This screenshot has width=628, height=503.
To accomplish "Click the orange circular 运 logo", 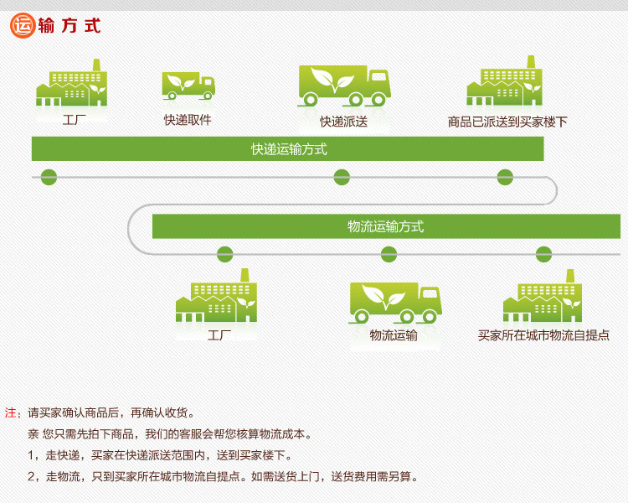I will (x=22, y=25).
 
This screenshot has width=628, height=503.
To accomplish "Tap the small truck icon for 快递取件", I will (x=188, y=85).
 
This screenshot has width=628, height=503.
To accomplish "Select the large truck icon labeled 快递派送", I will (x=344, y=86).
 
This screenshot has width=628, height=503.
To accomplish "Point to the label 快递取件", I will (x=188, y=120).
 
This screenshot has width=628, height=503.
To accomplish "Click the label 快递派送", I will (x=343, y=122).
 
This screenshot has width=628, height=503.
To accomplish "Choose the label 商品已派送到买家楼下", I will (x=507, y=122).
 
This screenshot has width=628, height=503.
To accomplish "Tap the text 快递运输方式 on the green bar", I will (x=289, y=149).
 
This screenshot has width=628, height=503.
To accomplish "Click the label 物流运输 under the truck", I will (x=394, y=335).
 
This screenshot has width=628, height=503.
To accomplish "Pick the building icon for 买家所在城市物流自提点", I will (x=543, y=297).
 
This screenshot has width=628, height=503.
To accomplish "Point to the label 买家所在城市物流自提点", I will (x=543, y=335).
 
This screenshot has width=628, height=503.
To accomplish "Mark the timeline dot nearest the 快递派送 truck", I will (x=342, y=177).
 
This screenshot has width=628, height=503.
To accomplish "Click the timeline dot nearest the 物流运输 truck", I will (x=389, y=254).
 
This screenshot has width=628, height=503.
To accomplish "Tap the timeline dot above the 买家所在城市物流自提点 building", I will (x=543, y=254).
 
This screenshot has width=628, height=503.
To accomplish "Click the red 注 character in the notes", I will (x=13, y=412).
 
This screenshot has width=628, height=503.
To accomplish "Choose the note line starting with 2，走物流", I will (x=222, y=477).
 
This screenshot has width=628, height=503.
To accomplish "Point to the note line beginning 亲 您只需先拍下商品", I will (x=169, y=434).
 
